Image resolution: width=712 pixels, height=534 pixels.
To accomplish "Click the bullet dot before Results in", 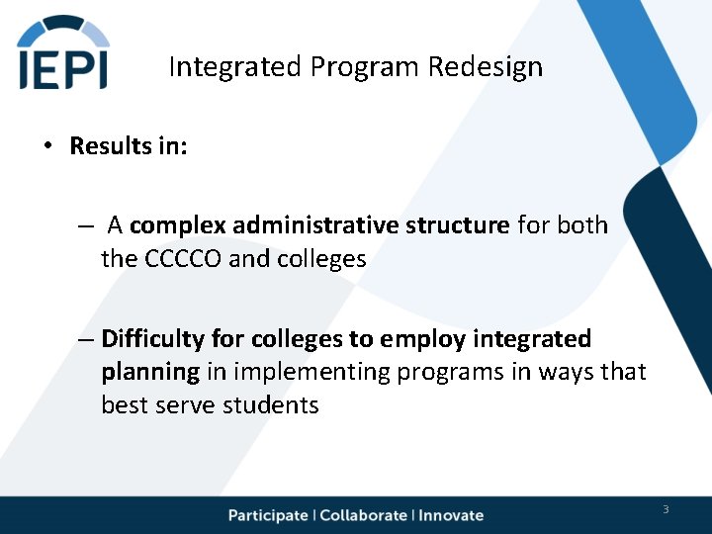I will pyautogui.click(x=45, y=146).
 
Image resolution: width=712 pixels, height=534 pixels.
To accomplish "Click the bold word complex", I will pyautogui.click(x=177, y=225).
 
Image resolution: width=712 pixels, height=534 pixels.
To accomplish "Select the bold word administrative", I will pyautogui.click(x=315, y=225).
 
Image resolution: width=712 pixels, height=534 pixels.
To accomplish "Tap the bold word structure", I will pyautogui.click(x=458, y=225).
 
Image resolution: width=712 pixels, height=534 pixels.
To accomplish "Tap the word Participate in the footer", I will pyautogui.click(x=268, y=515).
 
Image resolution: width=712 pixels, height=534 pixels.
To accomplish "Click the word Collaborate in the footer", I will pyautogui.click(x=363, y=515).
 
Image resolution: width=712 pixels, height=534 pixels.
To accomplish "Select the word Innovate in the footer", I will pyautogui.click(x=451, y=515).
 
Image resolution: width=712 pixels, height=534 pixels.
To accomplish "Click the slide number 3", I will pyautogui.click(x=666, y=509).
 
